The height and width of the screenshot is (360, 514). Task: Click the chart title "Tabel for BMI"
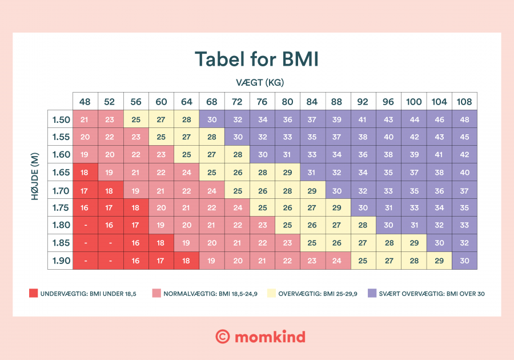point(256,59)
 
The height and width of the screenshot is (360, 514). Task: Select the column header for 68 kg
point(212,102)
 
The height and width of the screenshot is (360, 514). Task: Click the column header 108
point(464,102)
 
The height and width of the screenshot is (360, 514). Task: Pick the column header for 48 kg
point(85,102)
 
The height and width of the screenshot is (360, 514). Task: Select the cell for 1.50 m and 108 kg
point(464,119)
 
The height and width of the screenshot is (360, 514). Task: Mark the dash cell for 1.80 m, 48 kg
point(85,225)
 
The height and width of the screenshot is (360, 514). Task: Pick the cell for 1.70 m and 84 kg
point(312,190)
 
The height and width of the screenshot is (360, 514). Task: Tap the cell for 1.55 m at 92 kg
point(363,137)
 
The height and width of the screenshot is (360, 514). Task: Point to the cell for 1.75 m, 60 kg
point(161,207)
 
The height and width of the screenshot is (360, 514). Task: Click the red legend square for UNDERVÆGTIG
point(33,294)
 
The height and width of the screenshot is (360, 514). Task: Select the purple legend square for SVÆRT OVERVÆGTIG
point(372,294)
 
